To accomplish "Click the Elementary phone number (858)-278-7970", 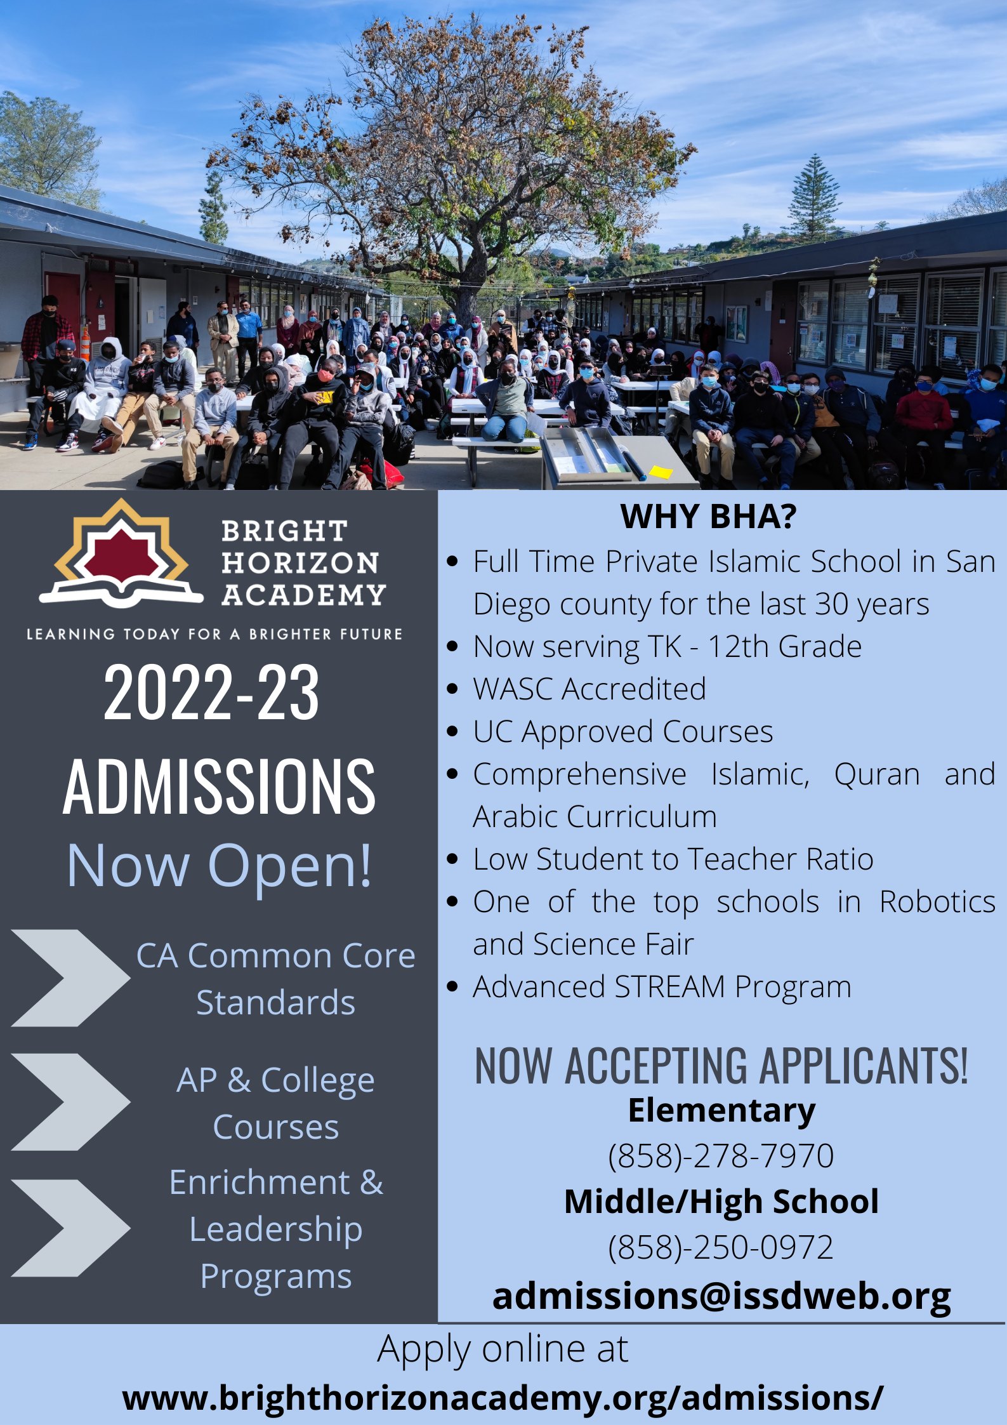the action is [721, 1156].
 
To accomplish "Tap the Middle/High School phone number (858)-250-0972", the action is [721, 1247].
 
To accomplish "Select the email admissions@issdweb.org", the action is [721, 1296].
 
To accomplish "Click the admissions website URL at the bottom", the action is [503, 1398].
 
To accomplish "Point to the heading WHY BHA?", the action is [708, 516].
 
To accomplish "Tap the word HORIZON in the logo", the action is [300, 563].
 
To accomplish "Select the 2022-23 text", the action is [211, 693].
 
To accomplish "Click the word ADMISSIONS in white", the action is [219, 786].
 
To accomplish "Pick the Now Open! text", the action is [219, 865].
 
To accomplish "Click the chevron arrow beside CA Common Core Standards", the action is [70, 978].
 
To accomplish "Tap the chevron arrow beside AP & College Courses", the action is [70, 1102].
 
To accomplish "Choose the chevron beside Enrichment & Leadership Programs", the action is [70, 1228].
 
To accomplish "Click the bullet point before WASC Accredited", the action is [452, 689].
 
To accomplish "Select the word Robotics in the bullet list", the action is [937, 902].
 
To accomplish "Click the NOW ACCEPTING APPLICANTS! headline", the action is [721, 1066].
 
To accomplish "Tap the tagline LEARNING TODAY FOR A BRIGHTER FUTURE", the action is [214, 634].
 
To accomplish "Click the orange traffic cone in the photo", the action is [85, 343].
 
